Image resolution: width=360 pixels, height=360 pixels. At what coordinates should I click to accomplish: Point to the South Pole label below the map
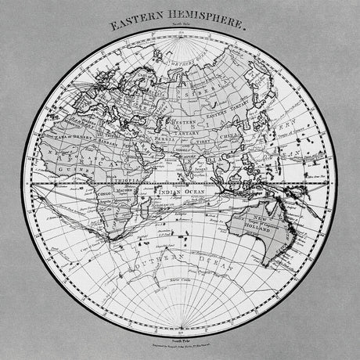tap(181, 334)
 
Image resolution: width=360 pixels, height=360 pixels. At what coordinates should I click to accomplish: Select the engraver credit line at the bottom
tap(181, 342)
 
